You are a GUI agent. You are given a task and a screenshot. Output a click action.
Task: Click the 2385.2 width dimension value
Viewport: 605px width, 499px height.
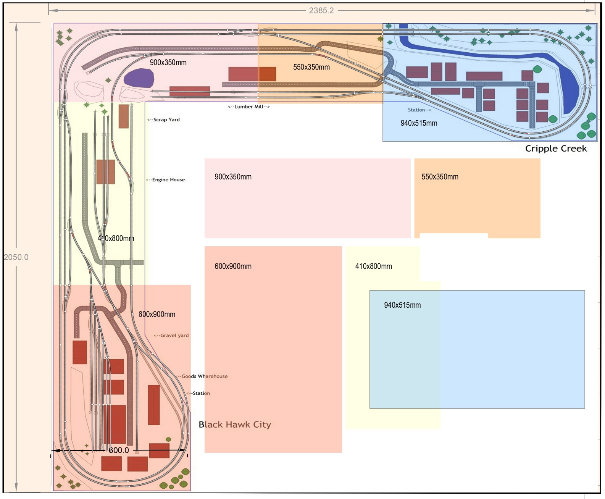click(321, 11)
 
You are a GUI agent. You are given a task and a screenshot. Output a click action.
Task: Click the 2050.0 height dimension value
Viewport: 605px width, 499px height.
click(16, 257)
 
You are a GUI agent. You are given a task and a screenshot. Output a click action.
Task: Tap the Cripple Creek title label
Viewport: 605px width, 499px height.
click(556, 149)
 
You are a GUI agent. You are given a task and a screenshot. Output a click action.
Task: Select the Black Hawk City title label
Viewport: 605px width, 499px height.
click(235, 425)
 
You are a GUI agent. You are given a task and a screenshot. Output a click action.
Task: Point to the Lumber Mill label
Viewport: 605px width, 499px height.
click(249, 107)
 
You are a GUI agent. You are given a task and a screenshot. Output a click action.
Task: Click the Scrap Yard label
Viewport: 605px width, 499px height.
click(164, 120)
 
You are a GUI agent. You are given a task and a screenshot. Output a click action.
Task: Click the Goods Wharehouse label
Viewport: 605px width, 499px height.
click(202, 376)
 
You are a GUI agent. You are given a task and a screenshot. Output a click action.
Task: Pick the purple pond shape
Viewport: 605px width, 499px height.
click(139, 78)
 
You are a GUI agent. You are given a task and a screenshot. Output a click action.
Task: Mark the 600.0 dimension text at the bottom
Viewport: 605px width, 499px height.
click(119, 451)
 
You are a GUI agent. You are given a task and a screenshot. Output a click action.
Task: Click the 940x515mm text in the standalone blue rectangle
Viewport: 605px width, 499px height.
click(402, 305)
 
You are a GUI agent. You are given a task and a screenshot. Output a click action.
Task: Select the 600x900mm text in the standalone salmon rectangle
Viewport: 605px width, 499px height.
click(233, 266)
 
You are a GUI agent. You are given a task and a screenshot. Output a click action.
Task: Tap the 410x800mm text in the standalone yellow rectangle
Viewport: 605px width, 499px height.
click(373, 266)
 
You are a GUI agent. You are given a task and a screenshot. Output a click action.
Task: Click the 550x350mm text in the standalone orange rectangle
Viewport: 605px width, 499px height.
click(440, 177)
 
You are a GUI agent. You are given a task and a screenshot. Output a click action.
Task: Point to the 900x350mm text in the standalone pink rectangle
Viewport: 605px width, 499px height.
click(233, 177)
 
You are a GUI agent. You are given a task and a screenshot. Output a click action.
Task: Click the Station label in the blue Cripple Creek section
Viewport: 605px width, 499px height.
click(419, 110)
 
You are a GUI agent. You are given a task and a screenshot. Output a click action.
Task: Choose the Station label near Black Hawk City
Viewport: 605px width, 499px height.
click(199, 393)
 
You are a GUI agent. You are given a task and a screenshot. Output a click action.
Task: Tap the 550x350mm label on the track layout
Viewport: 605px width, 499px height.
click(311, 67)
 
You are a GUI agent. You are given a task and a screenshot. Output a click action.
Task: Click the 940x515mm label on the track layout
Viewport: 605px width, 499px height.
click(419, 123)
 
